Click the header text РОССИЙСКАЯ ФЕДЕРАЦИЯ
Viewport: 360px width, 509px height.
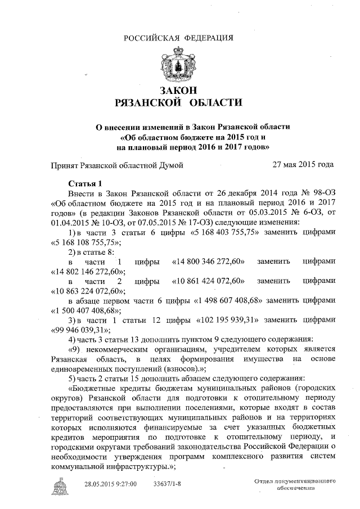[x=178, y=38]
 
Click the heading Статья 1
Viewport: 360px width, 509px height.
[x=85, y=183]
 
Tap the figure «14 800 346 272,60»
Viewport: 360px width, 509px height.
[x=209, y=262]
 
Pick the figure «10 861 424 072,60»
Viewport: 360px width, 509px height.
[x=209, y=281]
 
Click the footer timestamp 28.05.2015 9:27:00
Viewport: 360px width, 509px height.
[x=111, y=484]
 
